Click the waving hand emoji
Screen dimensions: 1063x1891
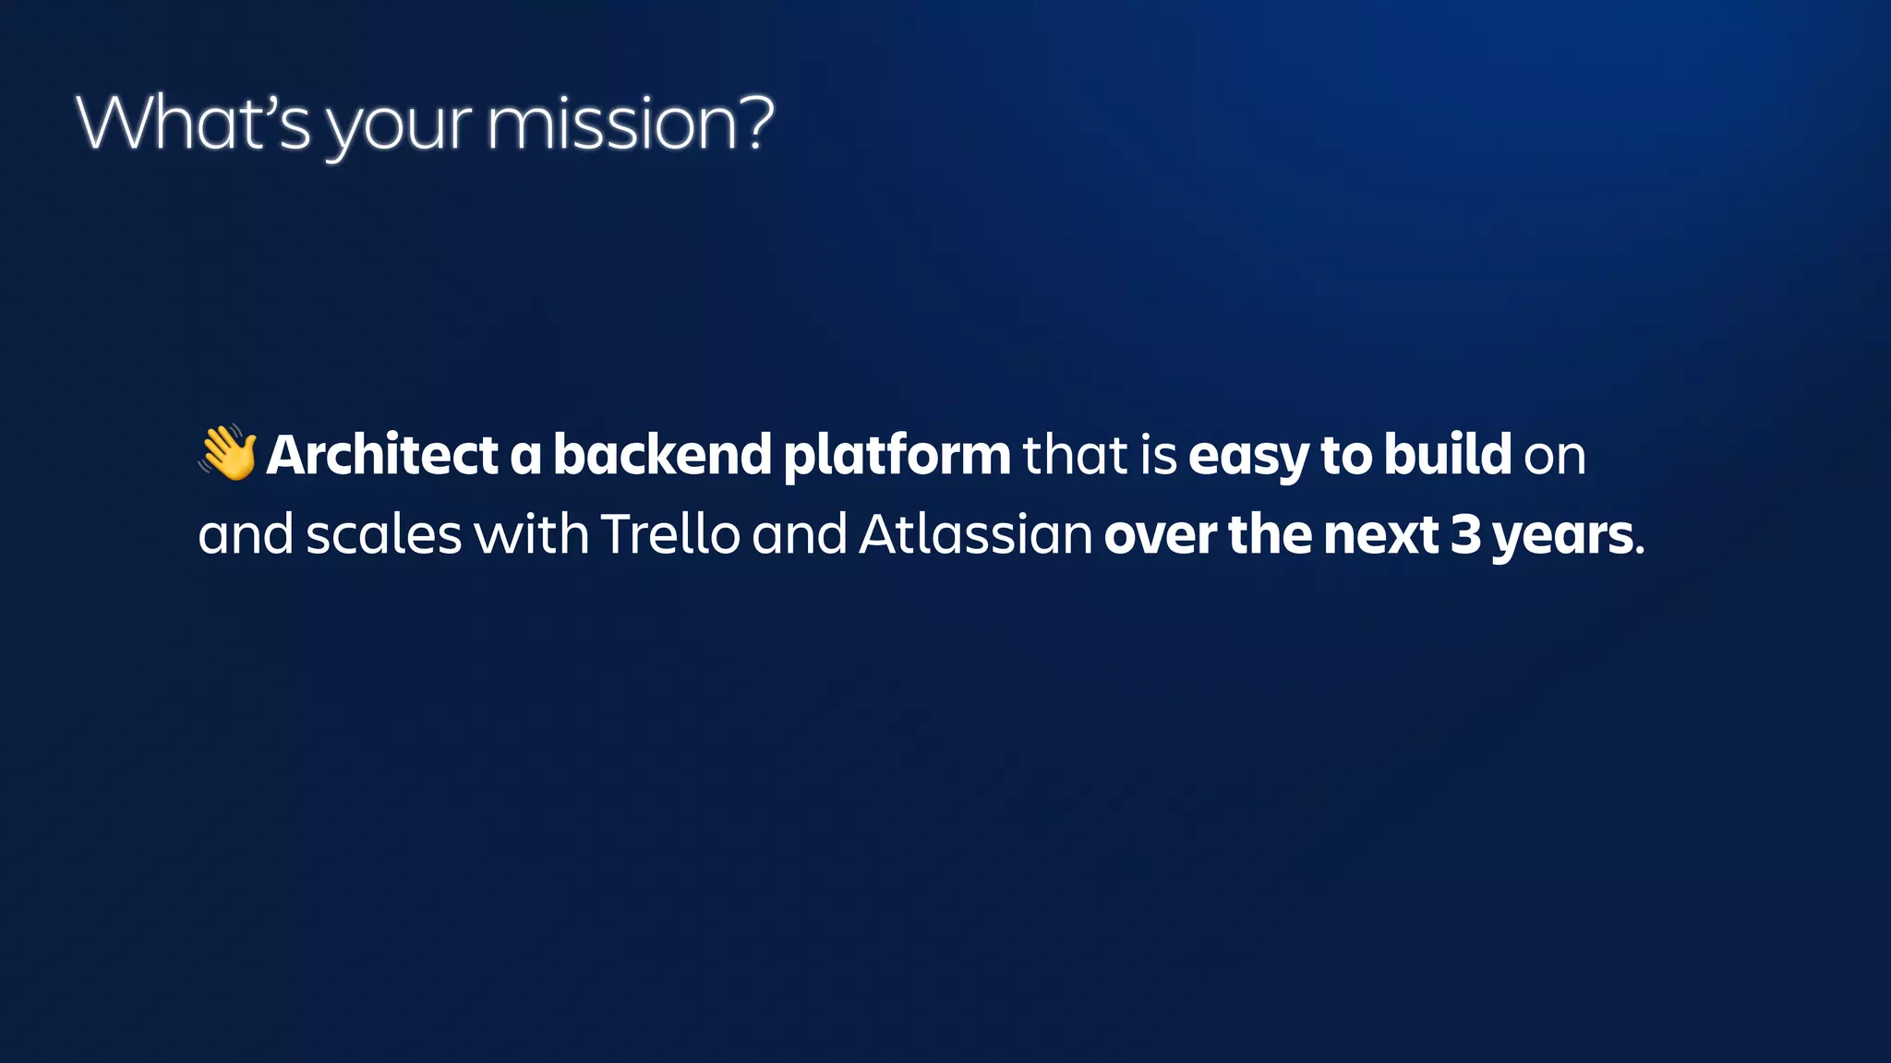click(x=227, y=452)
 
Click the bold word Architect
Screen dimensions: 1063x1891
click(x=382, y=455)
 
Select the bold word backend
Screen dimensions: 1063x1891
click(x=662, y=455)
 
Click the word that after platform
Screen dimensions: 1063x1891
click(x=1075, y=455)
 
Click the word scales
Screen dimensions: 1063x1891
click(x=383, y=534)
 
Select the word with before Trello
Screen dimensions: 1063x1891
click(x=531, y=534)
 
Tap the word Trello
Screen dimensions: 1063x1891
click(x=670, y=534)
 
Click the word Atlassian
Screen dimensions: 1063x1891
click(x=976, y=534)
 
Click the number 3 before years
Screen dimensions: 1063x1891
click(x=1465, y=535)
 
